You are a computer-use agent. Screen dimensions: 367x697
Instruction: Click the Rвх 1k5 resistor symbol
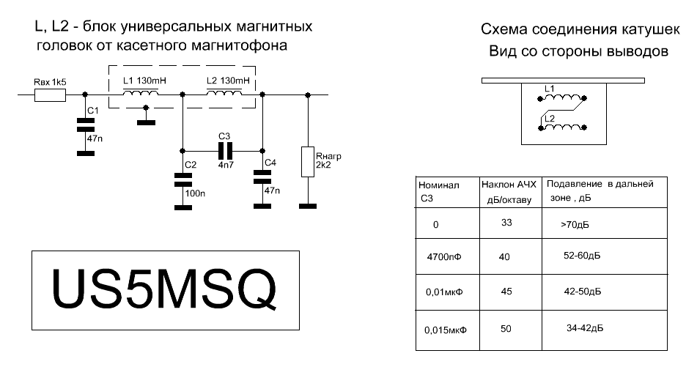(x=50, y=94)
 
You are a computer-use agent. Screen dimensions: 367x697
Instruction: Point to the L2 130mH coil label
(x=228, y=80)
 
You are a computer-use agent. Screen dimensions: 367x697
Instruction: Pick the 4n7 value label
(x=224, y=166)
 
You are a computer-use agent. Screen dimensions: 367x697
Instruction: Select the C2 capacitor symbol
(x=182, y=179)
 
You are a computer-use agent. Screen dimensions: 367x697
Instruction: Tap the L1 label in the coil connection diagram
(x=550, y=88)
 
